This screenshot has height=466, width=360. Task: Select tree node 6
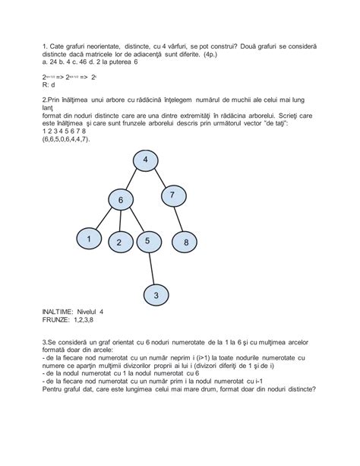point(120,200)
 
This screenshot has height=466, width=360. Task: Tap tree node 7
point(172,195)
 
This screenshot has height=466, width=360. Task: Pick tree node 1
point(89,239)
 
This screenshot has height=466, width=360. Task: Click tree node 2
point(119,243)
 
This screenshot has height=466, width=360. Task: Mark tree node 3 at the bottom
point(156,294)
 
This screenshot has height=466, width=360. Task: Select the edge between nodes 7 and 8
point(180,219)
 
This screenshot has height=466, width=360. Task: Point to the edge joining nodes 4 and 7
point(159,178)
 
